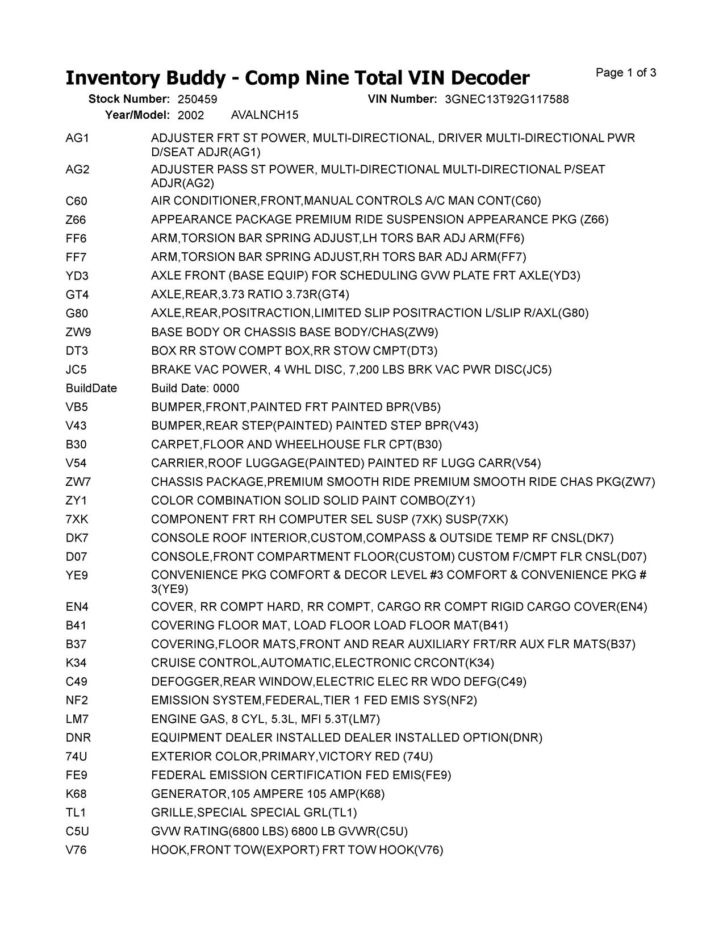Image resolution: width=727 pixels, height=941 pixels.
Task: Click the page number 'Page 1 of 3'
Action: [x=626, y=73]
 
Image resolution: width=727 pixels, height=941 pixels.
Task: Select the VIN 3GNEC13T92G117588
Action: [x=507, y=99]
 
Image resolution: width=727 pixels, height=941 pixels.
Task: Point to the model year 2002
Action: [x=191, y=115]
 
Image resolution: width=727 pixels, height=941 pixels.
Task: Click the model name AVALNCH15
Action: [x=265, y=115]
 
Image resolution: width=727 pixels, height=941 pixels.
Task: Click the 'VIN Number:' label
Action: [x=402, y=99]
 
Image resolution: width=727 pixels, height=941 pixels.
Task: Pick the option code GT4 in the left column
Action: [x=77, y=295]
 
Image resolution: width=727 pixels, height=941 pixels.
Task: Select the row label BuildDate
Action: [x=91, y=389]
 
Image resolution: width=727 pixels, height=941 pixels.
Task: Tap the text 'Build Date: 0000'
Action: [x=195, y=389]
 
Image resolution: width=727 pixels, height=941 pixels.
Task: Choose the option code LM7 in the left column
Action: [x=77, y=719]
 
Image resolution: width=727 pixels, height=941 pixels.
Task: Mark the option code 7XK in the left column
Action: [x=77, y=520]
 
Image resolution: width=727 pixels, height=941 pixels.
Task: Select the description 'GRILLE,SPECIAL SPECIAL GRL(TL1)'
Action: [x=254, y=813]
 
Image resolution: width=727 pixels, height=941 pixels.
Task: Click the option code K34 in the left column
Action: [x=77, y=663]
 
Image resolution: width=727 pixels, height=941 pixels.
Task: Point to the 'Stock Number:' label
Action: [x=129, y=99]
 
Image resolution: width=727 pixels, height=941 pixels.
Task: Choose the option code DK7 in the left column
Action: [x=77, y=539]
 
